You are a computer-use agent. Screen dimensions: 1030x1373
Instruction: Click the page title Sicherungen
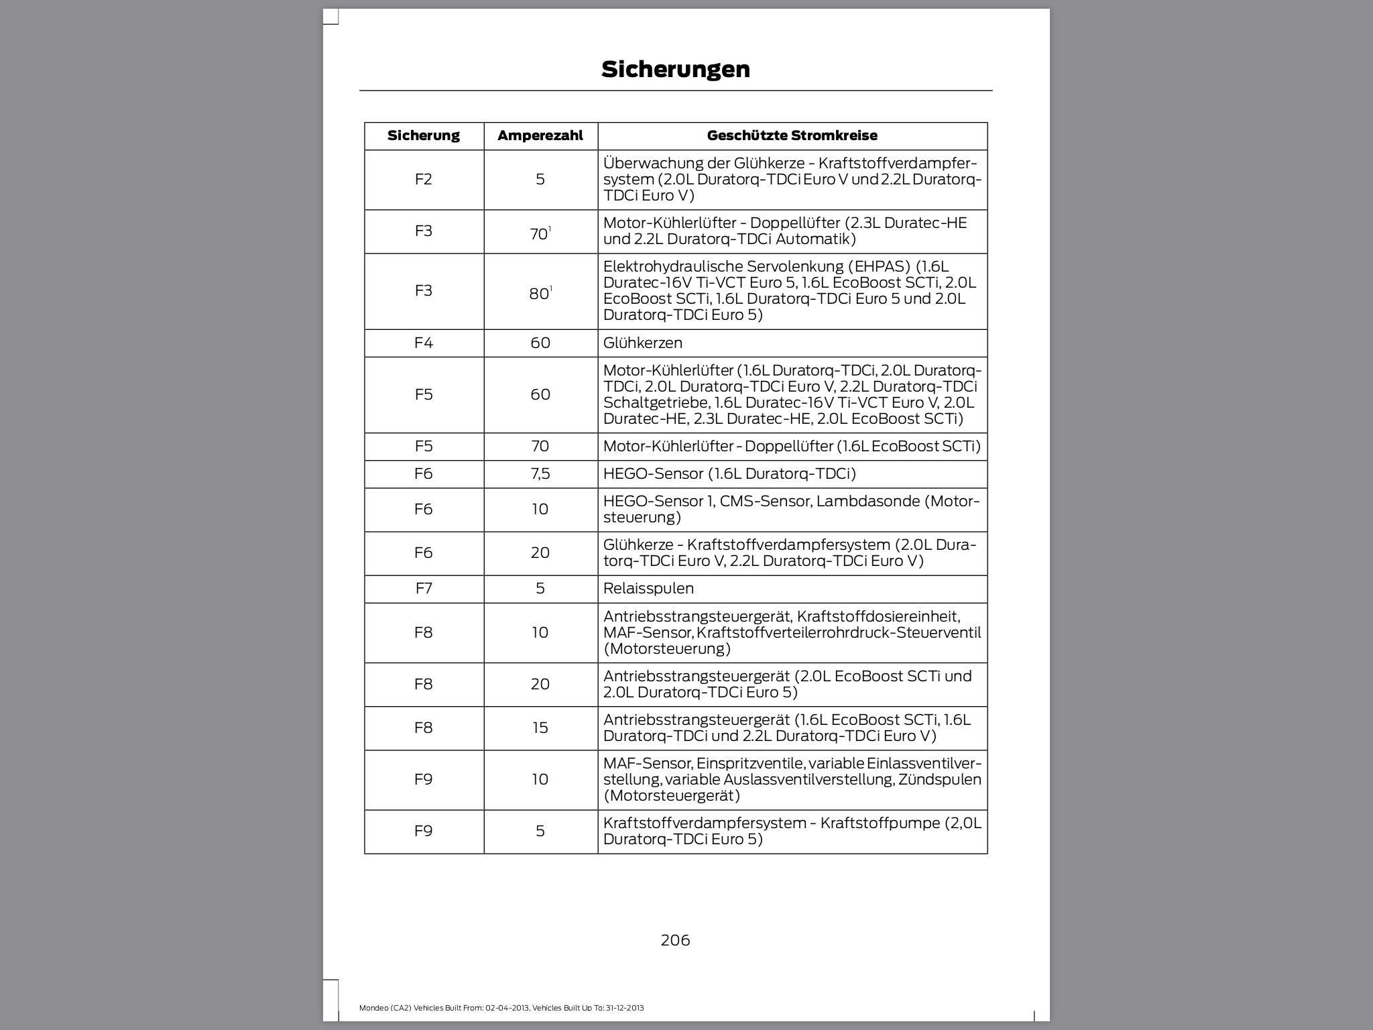click(x=675, y=69)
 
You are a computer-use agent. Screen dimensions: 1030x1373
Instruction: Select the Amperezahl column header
click(x=540, y=135)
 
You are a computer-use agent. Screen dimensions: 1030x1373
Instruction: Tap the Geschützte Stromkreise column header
click(x=792, y=135)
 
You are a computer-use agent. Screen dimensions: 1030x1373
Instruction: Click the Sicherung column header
click(x=424, y=135)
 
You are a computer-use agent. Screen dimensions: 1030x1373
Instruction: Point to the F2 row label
click(x=424, y=179)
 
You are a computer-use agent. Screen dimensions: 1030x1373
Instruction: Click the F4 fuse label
click(x=424, y=343)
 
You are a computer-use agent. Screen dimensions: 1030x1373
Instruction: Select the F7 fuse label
click(x=424, y=588)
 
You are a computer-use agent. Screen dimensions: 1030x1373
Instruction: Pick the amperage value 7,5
click(x=540, y=473)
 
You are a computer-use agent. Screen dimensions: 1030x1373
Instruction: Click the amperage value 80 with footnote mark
click(x=540, y=293)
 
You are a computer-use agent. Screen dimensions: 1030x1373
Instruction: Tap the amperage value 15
click(x=540, y=728)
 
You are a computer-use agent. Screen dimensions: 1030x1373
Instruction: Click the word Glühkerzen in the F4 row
click(x=642, y=343)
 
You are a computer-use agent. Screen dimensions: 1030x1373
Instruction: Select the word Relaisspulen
click(x=648, y=588)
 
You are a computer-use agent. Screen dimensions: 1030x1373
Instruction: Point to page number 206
click(x=675, y=940)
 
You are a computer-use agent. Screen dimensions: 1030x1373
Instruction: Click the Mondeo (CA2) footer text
click(x=501, y=1008)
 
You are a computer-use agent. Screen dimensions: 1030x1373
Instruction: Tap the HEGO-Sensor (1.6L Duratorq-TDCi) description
click(x=729, y=473)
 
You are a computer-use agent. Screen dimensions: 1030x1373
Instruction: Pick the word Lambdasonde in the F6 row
click(x=867, y=501)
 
